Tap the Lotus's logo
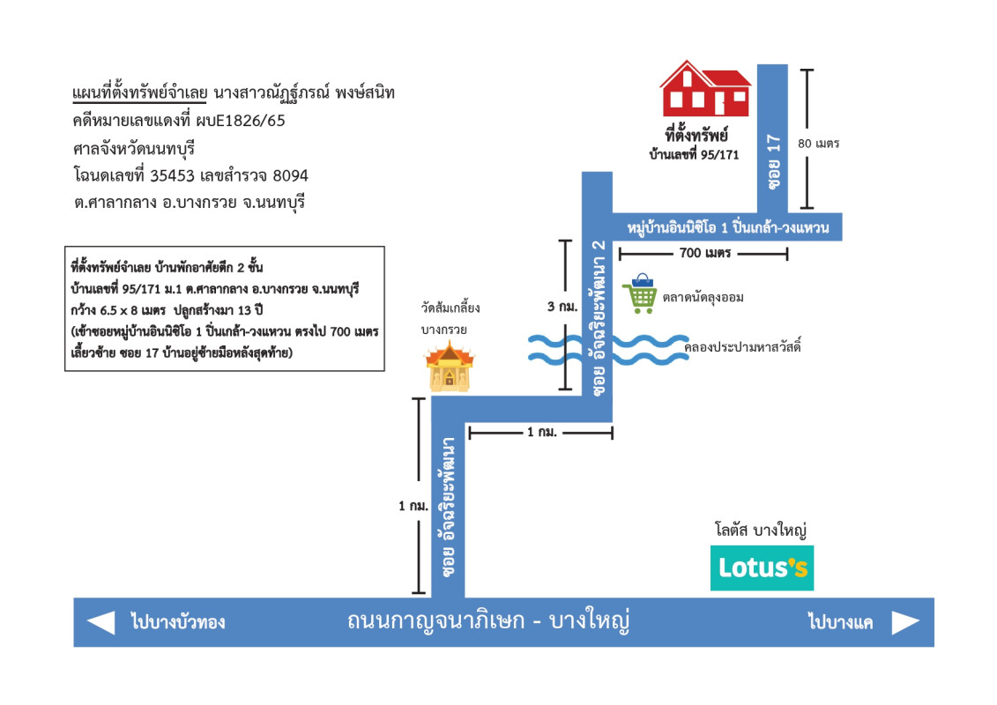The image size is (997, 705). pyautogui.click(x=762, y=568)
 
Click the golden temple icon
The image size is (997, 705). pyautogui.click(x=450, y=369)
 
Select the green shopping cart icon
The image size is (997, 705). pyautogui.click(x=640, y=293)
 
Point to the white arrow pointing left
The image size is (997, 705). pyautogui.click(x=101, y=622)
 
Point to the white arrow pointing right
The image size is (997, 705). pyautogui.click(x=905, y=622)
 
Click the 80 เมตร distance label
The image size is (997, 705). pyautogui.click(x=818, y=143)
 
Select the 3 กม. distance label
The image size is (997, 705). pyautogui.click(x=562, y=307)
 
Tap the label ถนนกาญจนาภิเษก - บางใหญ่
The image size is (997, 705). pyautogui.click(x=489, y=622)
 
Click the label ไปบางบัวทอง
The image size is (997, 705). pyautogui.click(x=177, y=622)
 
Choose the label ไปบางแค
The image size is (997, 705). pyautogui.click(x=840, y=622)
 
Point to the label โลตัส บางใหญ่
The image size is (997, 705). pyautogui.click(x=762, y=531)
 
